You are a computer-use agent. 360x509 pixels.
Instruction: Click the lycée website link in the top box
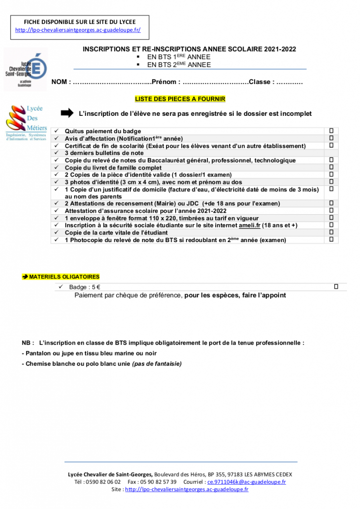tap(78, 30)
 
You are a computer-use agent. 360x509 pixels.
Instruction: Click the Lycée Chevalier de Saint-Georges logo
tap(25, 69)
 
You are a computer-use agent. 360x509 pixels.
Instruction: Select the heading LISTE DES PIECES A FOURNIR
tap(180, 99)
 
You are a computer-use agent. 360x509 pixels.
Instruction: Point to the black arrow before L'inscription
tap(67, 113)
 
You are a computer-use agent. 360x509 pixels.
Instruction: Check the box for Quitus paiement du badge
tap(331, 131)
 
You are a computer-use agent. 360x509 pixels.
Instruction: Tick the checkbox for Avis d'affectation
tap(331, 138)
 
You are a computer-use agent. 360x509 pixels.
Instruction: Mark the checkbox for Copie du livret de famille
tap(331, 168)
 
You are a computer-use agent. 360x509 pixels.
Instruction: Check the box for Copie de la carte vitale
tap(331, 232)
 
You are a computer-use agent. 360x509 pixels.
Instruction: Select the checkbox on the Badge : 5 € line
tap(336, 286)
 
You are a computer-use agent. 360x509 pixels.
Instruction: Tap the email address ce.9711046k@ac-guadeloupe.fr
tap(247, 482)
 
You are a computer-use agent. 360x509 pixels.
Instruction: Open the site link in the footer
tap(186, 489)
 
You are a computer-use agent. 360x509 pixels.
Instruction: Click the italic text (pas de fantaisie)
tap(157, 363)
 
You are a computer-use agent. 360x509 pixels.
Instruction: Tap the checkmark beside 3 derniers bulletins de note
tap(58, 153)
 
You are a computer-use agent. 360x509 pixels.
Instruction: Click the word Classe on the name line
tap(260, 82)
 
